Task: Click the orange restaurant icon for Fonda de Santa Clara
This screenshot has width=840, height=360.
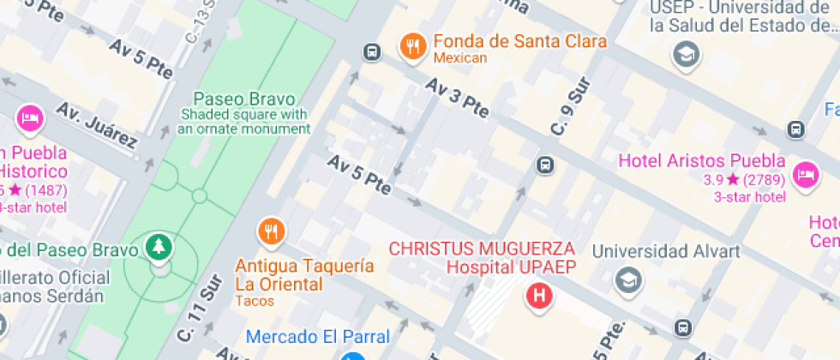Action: pos(413,47)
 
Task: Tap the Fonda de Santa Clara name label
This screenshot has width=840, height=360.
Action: pos(519,41)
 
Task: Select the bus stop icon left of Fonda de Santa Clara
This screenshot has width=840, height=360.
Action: pos(372,52)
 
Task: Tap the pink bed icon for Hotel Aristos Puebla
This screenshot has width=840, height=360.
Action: pos(805,174)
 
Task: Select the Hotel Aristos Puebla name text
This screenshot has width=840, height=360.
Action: pos(701,160)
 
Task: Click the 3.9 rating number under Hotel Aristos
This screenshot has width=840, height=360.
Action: pos(713,180)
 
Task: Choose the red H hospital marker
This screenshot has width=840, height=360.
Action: pos(540,297)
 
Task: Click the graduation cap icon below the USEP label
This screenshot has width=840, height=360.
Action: pos(686,56)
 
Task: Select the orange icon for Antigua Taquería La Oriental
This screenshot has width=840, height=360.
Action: pos(272,231)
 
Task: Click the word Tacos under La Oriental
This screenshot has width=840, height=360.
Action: pos(255,301)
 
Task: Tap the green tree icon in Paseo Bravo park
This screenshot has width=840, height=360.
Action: pos(159,248)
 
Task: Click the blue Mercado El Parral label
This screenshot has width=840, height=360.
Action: pos(317,336)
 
